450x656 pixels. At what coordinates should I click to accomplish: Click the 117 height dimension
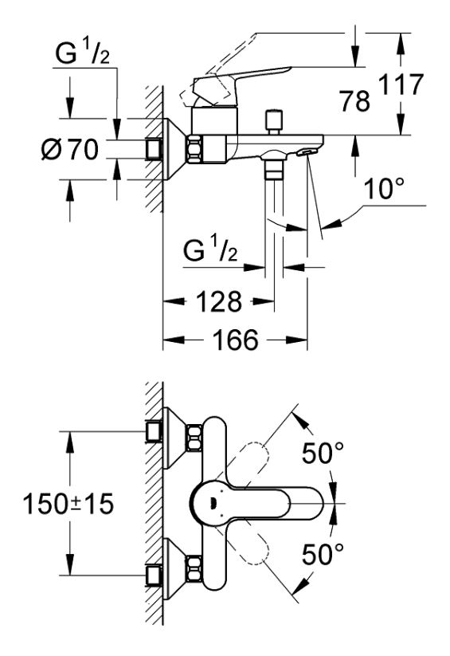pos(401,84)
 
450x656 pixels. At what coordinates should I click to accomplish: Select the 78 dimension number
pos(354,100)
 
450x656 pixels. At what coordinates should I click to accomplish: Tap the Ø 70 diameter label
pos(70,149)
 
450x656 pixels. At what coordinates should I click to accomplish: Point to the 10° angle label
pos(384,189)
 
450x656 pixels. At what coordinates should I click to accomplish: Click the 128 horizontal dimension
pos(219,301)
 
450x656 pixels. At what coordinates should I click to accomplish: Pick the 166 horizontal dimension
pos(236,340)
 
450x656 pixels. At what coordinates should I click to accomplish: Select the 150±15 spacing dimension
pos(68,503)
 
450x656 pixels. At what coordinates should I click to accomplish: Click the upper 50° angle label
pos(323,453)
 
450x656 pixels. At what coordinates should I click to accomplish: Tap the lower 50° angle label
pos(323,554)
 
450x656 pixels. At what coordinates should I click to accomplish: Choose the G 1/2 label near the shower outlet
pos(210,250)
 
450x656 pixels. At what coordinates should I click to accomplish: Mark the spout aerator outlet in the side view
pos(305,152)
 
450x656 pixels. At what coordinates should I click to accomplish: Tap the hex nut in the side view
pos(195,149)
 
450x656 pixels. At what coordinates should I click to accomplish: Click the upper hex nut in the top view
pos(194,438)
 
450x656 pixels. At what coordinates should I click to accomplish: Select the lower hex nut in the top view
pos(194,568)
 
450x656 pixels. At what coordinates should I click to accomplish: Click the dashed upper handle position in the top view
pos(248,461)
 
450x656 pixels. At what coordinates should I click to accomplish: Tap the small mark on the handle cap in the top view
pos(213,504)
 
